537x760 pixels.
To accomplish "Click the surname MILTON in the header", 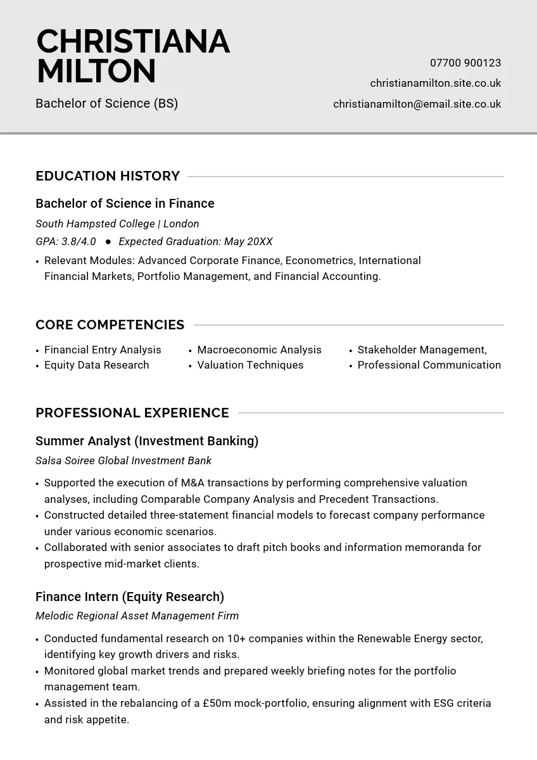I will pyautogui.click(x=96, y=71).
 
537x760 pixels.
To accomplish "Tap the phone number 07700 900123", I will pyautogui.click(x=465, y=63).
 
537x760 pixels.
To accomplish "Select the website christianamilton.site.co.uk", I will pyautogui.click(x=436, y=84).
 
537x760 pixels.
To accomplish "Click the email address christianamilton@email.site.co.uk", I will pyautogui.click(x=417, y=104).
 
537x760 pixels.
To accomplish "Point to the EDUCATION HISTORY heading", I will pyautogui.click(x=108, y=176).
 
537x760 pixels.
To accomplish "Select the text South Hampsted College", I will pyautogui.click(x=95, y=224).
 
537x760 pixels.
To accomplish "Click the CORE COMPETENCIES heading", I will pyautogui.click(x=110, y=325).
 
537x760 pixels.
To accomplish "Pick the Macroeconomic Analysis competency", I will pyautogui.click(x=259, y=350).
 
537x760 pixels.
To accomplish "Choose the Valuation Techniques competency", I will pyautogui.click(x=250, y=365).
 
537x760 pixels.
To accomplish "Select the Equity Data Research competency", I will pyautogui.click(x=96, y=365).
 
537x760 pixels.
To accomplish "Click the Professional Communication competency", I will pyautogui.click(x=429, y=365).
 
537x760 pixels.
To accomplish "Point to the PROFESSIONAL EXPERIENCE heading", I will pyautogui.click(x=132, y=413).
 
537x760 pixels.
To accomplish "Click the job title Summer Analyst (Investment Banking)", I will pyautogui.click(x=147, y=441).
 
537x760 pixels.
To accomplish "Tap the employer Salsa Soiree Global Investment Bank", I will pyautogui.click(x=123, y=460).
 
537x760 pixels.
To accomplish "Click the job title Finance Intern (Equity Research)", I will pyautogui.click(x=130, y=597).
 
